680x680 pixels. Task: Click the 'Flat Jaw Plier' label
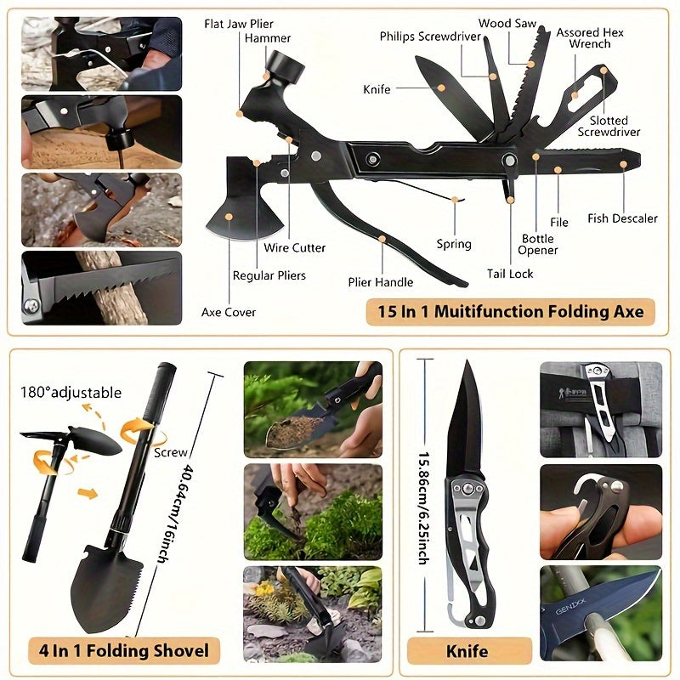239,24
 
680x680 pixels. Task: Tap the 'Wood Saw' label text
507,23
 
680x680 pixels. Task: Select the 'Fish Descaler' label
622,218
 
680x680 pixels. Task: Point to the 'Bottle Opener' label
537,245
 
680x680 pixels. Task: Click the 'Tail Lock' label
509,274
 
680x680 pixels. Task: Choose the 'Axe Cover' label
228,312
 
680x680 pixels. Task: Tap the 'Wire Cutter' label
294,247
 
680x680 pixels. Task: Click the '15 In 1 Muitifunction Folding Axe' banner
511,311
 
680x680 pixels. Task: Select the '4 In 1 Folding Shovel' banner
124,650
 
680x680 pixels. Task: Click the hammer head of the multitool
285,67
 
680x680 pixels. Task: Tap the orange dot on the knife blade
441,88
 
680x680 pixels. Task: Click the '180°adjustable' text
71,393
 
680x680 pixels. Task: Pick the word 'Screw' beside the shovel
171,452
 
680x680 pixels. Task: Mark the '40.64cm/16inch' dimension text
173,514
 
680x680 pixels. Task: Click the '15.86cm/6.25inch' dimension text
423,508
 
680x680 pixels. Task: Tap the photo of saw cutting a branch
101,288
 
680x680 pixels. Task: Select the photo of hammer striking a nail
101,133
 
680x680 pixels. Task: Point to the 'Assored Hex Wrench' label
590,38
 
